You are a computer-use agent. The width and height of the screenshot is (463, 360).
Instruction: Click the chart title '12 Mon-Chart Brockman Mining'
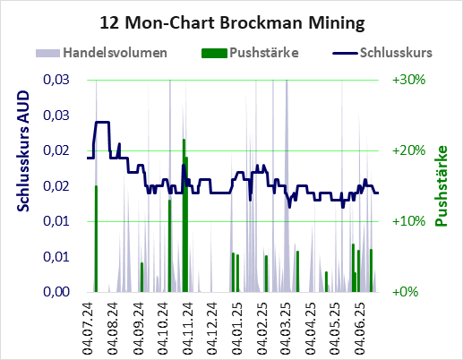[232, 23]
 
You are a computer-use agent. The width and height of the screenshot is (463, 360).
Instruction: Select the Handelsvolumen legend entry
[101, 53]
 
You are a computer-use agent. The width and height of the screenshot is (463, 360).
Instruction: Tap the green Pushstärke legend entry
[250, 53]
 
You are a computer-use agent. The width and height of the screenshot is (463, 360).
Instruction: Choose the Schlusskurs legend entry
[382, 53]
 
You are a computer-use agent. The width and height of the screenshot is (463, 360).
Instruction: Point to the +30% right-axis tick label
[408, 80]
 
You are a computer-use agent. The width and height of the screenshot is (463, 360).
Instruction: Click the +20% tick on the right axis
[408, 150]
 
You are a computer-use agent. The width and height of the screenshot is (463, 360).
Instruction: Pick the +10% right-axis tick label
[408, 221]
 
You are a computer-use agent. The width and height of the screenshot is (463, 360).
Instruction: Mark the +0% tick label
[405, 292]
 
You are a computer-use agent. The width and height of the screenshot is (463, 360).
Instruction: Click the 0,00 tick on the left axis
[56, 292]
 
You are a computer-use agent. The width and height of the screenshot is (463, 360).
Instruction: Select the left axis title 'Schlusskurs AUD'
[23, 151]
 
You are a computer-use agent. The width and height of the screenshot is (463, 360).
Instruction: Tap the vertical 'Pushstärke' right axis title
[442, 185]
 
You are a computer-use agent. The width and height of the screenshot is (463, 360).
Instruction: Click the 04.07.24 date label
[88, 329]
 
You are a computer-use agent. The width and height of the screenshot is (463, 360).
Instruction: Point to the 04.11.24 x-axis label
[187, 329]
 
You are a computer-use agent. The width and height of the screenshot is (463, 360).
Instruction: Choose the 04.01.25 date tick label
[237, 329]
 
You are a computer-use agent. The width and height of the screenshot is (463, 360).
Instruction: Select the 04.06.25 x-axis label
[360, 329]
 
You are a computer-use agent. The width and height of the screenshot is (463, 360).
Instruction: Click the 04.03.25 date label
[286, 329]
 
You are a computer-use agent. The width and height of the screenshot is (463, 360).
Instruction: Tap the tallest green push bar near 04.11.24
[184, 216]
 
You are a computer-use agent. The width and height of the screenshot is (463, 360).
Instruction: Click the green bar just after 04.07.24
[96, 239]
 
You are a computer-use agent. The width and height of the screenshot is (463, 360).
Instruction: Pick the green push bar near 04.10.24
[169, 245]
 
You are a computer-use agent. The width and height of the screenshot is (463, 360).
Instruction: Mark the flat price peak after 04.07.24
[102, 122]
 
